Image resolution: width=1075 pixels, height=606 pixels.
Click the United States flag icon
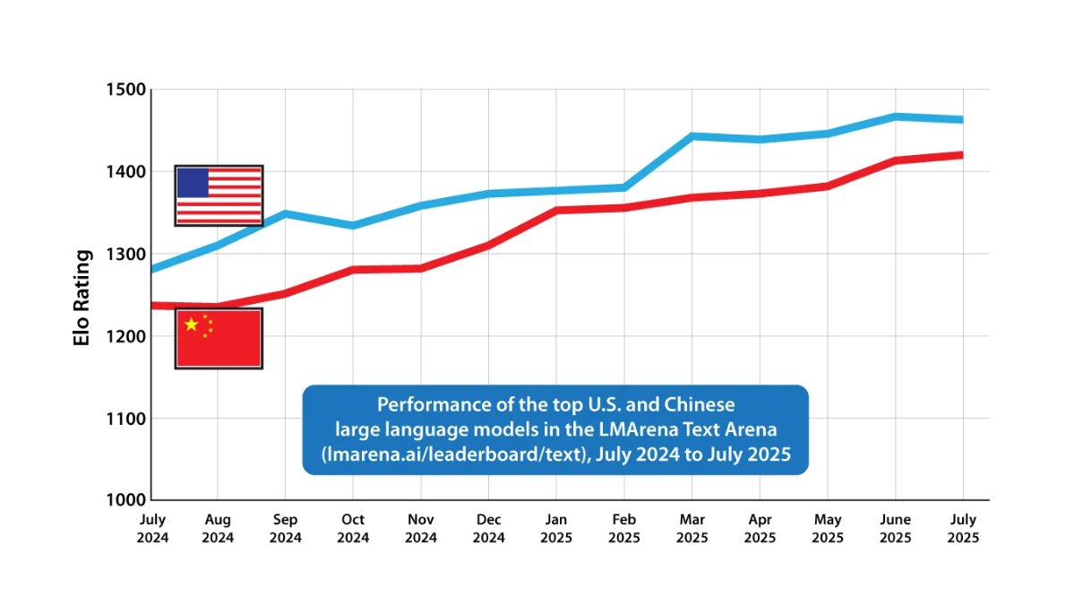tap(219, 195)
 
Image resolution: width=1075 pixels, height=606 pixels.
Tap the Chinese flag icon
tap(219, 338)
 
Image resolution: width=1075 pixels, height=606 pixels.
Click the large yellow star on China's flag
tap(191, 324)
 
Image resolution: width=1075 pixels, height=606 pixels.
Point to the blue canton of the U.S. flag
tap(193, 183)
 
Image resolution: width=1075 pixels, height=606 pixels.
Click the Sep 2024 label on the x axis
tap(285, 529)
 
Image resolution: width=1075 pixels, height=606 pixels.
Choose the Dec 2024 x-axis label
tap(488, 529)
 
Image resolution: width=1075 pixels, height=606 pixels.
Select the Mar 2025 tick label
tap(692, 529)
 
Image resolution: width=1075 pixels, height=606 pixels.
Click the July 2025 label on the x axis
tap(962, 529)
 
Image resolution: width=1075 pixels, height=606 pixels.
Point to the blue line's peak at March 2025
tap(692, 136)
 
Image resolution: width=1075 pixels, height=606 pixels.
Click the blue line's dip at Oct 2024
tap(353, 225)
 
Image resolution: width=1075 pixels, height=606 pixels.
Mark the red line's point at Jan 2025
tap(556, 211)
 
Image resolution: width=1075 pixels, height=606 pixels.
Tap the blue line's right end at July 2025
tap(960, 119)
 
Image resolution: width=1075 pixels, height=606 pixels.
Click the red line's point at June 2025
tap(895, 160)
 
